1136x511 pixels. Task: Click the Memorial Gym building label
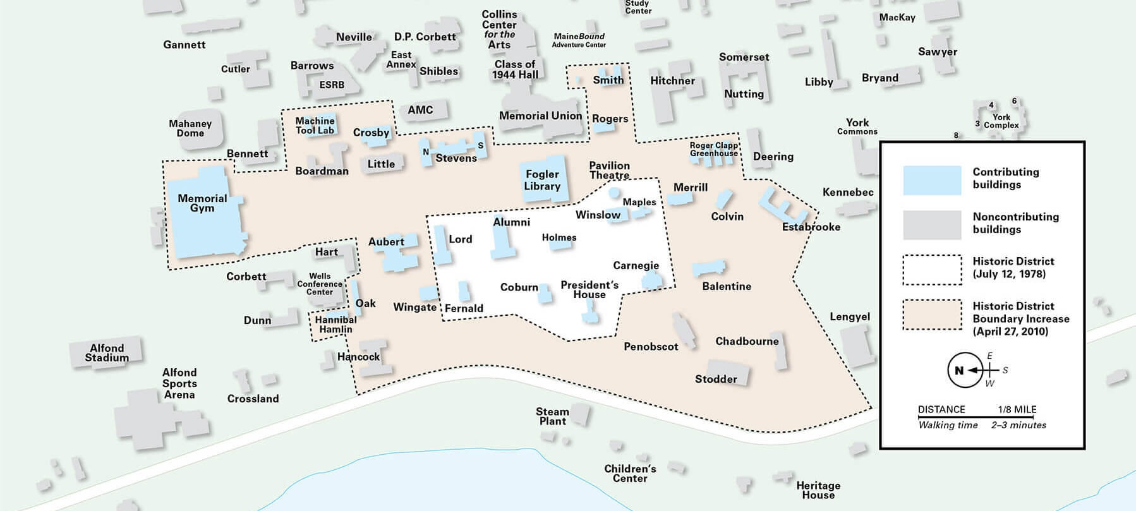pyautogui.click(x=202, y=203)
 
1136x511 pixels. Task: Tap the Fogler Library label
pyautogui.click(x=542, y=180)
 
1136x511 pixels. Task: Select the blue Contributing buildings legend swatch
pyautogui.click(x=932, y=180)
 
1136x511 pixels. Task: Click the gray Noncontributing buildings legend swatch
pyautogui.click(x=932, y=225)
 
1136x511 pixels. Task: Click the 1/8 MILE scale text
pyautogui.click(x=1017, y=409)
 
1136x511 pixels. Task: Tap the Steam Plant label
pyautogui.click(x=552, y=416)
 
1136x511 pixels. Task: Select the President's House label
pyautogui.click(x=589, y=290)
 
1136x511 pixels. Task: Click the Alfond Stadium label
pyautogui.click(x=107, y=352)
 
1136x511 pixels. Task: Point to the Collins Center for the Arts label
pyautogui.click(x=499, y=29)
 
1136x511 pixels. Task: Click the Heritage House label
pyautogui.click(x=818, y=490)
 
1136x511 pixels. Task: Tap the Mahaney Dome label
pyautogui.click(x=190, y=128)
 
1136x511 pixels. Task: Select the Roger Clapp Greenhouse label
pyautogui.click(x=714, y=149)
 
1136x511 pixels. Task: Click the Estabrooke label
pyautogui.click(x=811, y=227)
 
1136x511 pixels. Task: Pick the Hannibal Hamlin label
pyautogui.click(x=335, y=325)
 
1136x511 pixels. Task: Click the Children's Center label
pyautogui.click(x=630, y=474)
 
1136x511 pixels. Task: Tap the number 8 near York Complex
pyautogui.click(x=956, y=135)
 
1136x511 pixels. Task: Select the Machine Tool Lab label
pyautogui.click(x=315, y=125)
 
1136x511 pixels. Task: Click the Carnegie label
pyautogui.click(x=636, y=265)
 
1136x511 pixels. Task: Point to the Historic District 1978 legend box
pyautogui.click(x=932, y=270)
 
